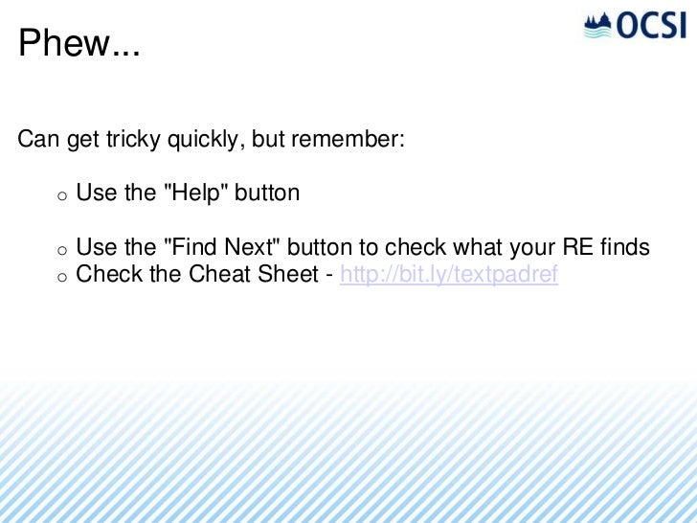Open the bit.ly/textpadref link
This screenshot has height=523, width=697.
[449, 275]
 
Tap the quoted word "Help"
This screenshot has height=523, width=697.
[198, 193]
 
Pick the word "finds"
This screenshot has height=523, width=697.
[624, 248]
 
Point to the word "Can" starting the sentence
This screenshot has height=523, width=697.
[38, 140]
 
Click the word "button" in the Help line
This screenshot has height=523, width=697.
[267, 193]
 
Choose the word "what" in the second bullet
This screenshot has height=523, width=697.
[480, 248]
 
